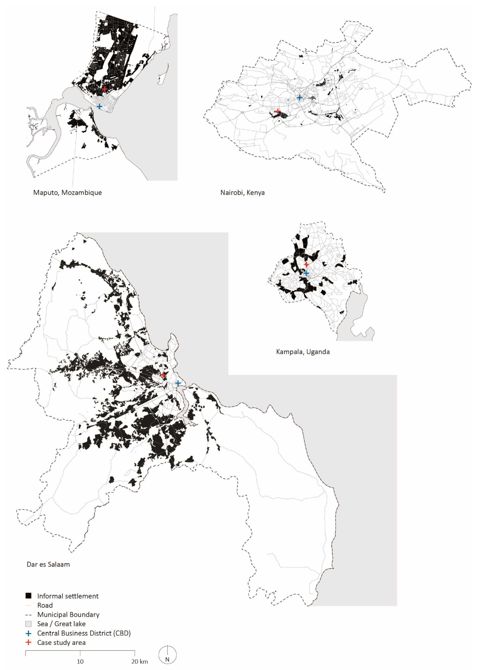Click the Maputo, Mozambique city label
click(67, 193)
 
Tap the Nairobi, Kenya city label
click(242, 193)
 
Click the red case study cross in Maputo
click(105, 89)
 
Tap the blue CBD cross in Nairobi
click(299, 97)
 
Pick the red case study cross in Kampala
click(306, 264)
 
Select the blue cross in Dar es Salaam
click(178, 383)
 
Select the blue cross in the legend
click(28, 633)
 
